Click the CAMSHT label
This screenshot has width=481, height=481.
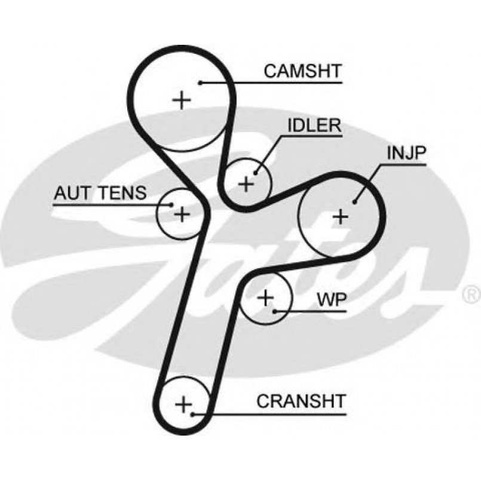coord(302,72)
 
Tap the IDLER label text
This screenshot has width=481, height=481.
coord(314,126)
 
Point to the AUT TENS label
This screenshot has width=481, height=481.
coord(99,193)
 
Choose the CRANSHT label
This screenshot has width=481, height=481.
coord(301,400)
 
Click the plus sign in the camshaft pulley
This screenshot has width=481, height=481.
coord(181,100)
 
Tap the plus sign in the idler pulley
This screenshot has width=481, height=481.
coord(246,183)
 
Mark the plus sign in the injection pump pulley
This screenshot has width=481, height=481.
coord(340,216)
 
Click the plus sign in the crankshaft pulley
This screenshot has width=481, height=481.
coord(182,404)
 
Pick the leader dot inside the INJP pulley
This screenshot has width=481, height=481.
coord(355,202)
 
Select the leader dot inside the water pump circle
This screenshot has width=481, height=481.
coord(274,311)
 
